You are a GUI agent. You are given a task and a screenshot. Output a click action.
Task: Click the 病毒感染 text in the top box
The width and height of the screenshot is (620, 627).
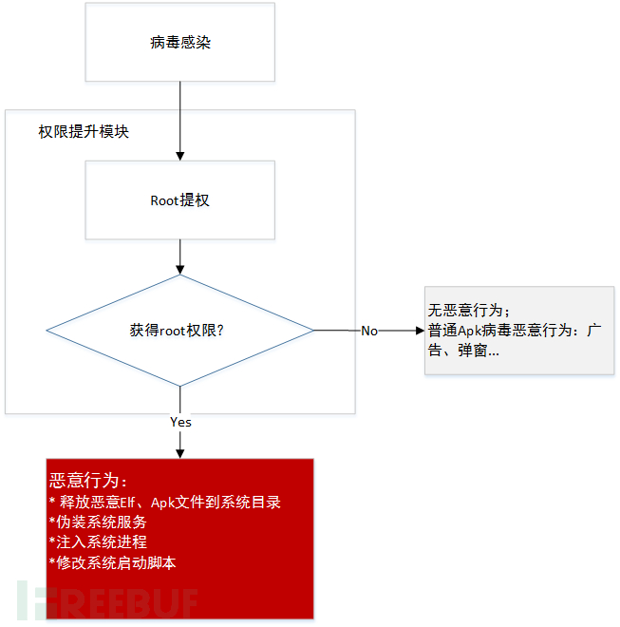click(180, 43)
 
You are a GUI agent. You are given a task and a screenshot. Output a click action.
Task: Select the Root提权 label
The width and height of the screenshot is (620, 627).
click(179, 200)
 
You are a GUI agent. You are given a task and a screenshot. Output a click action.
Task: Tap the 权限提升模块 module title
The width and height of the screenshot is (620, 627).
click(84, 131)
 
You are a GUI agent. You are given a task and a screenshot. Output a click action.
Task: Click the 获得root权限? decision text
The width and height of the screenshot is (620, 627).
click(177, 331)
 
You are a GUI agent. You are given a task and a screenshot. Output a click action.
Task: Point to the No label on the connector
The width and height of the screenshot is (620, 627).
click(369, 332)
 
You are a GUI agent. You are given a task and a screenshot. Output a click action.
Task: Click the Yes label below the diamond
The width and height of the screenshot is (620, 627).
click(180, 422)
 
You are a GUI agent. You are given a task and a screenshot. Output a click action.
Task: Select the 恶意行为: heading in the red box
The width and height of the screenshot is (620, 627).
click(88, 481)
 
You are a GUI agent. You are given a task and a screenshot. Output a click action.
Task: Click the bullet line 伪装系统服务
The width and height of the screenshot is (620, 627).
click(98, 522)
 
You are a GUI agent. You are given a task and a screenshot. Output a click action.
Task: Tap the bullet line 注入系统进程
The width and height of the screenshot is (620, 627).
click(98, 542)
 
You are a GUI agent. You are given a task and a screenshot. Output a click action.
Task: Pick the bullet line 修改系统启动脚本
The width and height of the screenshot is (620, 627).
click(112, 563)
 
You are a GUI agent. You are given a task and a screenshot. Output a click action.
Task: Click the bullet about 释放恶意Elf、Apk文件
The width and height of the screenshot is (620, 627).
click(164, 503)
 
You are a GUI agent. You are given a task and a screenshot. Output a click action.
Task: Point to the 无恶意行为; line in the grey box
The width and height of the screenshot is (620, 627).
click(468, 311)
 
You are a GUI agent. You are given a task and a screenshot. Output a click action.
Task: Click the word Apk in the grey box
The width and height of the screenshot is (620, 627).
click(470, 332)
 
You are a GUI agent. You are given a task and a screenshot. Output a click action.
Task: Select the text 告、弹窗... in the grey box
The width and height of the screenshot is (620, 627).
click(463, 351)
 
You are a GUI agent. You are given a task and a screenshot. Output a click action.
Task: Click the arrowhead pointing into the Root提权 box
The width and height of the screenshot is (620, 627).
click(180, 156)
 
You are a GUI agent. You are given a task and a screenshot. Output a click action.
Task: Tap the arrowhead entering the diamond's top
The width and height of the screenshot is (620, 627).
click(180, 270)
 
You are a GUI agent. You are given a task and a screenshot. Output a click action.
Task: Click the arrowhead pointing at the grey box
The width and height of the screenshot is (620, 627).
click(420, 331)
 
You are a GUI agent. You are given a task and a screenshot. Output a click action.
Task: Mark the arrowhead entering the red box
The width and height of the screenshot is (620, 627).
click(180, 454)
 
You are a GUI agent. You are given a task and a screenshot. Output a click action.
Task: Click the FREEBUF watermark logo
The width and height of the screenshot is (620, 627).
click(107, 600)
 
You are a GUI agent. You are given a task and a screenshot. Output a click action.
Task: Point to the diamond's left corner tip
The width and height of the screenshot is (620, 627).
click(47, 331)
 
